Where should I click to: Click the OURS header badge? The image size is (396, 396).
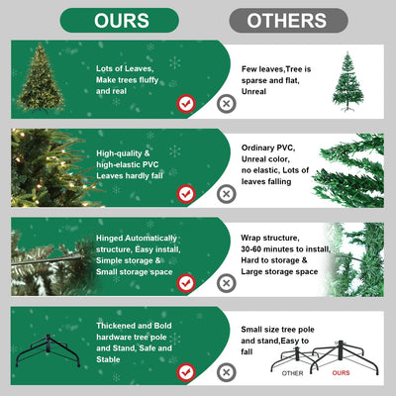122,21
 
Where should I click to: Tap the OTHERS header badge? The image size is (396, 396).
288,21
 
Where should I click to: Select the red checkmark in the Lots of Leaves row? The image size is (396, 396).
185,103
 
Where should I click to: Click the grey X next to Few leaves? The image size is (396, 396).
227,103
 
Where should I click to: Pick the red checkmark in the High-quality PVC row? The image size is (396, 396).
185,193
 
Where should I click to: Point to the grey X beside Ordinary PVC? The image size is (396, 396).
227,193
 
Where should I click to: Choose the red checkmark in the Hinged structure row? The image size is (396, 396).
185,282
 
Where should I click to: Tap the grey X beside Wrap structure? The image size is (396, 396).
227,282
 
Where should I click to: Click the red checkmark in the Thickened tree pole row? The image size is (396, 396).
185,372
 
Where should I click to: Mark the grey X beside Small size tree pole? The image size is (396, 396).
227,372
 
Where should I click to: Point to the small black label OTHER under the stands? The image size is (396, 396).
293,374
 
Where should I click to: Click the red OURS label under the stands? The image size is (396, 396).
341,374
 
